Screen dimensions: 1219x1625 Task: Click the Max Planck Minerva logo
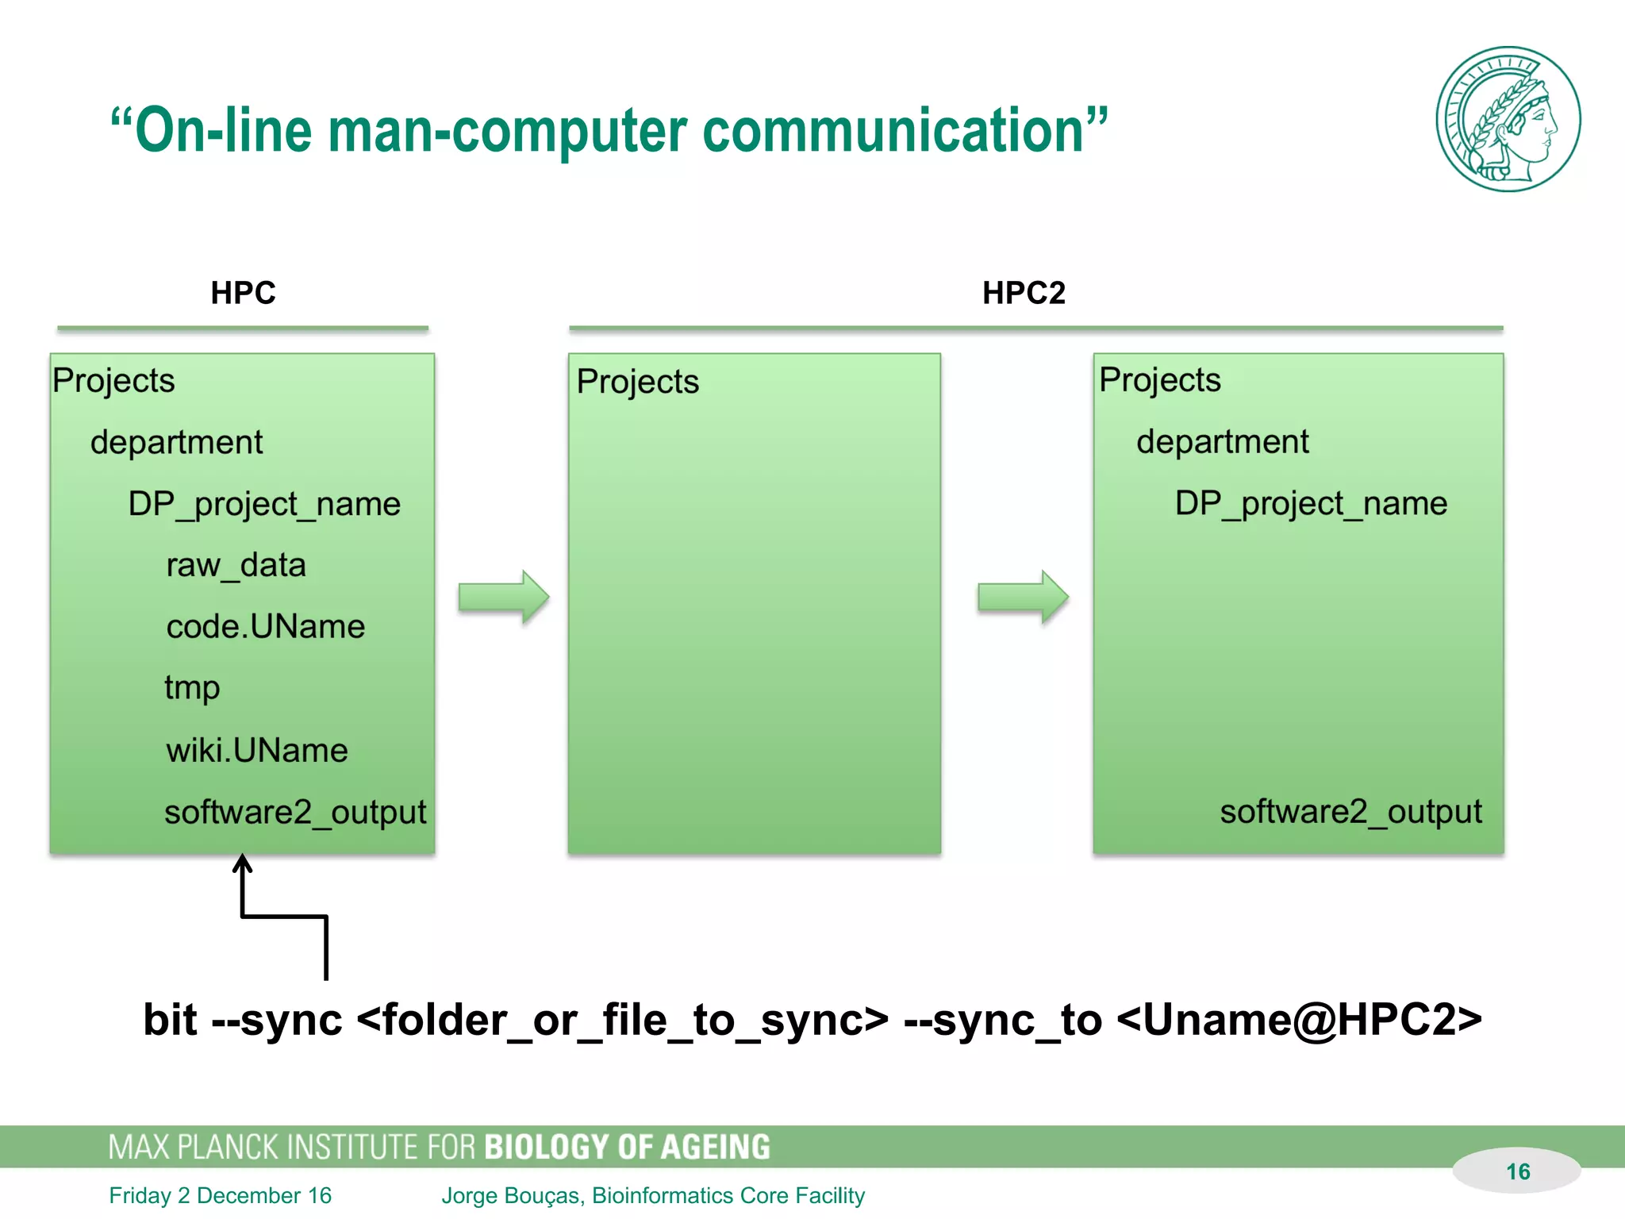1508,119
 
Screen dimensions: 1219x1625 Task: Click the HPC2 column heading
1024,293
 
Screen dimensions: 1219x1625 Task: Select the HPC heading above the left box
243,293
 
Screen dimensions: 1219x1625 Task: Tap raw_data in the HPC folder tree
236,566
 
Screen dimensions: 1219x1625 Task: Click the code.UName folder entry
265,627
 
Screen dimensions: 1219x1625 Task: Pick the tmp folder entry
192,688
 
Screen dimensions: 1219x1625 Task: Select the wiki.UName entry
256,751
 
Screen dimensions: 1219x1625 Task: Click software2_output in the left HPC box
295,813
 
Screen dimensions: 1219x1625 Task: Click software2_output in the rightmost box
1350,812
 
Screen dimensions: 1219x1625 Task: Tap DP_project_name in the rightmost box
1311,504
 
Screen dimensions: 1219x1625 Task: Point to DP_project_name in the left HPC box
264,505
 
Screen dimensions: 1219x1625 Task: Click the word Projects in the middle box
637,382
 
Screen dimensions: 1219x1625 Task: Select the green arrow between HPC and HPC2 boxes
503,597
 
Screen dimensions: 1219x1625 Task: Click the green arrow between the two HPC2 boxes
1023,597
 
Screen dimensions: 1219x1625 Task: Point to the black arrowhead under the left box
243,863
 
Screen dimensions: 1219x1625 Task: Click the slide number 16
1517,1171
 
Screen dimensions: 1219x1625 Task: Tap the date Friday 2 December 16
221,1195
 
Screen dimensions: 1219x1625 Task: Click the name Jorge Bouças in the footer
510,1195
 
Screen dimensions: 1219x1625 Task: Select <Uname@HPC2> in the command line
1299,1020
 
